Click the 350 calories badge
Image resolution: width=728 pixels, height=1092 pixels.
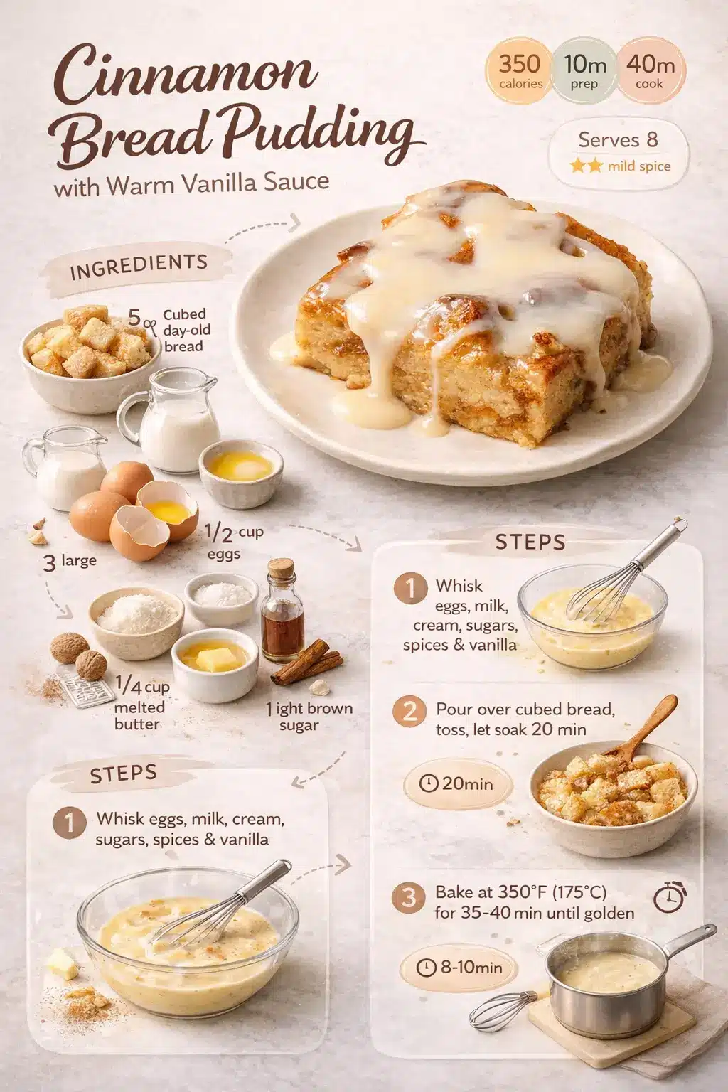coord(520,71)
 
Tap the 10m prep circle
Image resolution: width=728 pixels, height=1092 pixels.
coord(584,71)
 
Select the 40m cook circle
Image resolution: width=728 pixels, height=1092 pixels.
coord(650,71)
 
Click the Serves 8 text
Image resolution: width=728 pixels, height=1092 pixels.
coord(618,139)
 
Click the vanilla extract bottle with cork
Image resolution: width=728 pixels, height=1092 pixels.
coord(283,611)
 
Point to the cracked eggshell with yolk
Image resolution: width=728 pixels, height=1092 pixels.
coord(166,508)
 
